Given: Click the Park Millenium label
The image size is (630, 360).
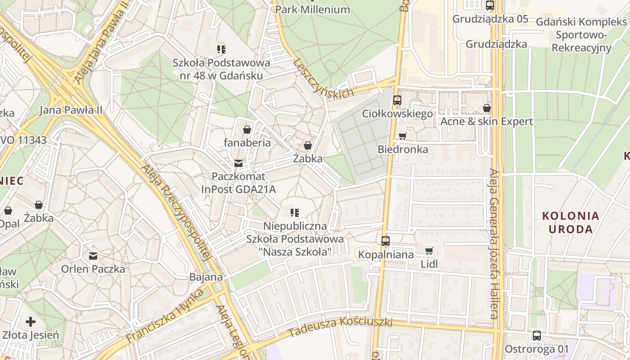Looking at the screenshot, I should tap(312, 9).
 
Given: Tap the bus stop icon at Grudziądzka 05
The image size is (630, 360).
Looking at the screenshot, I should tap(490, 5).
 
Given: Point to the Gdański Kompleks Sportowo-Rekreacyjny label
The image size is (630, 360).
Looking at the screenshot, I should tap(581, 35).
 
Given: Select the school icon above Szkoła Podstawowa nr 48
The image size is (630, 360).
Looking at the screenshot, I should tap(221, 49).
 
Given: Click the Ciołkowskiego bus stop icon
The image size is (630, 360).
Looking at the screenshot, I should tap(397, 100).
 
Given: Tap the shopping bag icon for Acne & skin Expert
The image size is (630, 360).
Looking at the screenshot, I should tap(486, 108).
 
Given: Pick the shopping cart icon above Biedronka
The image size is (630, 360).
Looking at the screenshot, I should tap(402, 136).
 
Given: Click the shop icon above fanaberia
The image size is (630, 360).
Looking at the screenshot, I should tap(247, 130).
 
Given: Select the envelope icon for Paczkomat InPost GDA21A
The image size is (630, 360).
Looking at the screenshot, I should tap(238, 163).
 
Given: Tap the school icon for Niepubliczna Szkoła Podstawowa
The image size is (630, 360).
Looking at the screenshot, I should tap(295, 212).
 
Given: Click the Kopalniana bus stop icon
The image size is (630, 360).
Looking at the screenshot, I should tap(386, 241).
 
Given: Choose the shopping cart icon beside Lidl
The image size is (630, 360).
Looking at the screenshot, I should tap(429, 251).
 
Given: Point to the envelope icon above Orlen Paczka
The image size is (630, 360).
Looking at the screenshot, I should tap(93, 256).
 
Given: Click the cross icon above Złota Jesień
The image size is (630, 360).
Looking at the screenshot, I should tap(31, 322).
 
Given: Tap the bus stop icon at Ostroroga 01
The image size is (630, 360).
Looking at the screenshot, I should tap(536, 336).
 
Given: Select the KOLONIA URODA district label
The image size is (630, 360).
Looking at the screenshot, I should tap(571, 222).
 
